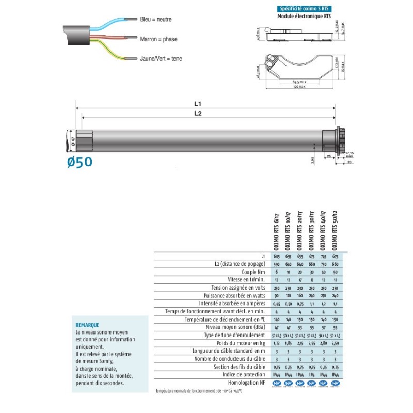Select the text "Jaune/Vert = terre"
point(161,58)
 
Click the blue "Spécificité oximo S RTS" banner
point(303,9)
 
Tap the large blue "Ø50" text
point(80,162)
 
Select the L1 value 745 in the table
point(323,256)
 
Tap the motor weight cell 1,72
point(277,343)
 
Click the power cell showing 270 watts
point(323,296)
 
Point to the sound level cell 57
point(323,327)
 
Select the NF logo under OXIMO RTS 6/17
point(277,383)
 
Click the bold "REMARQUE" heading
point(87,326)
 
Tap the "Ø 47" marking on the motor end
point(73,140)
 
